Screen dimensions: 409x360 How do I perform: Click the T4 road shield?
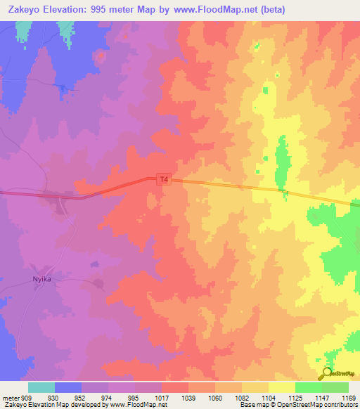pyautogui.click(x=164, y=180)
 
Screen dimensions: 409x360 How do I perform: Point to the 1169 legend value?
pyautogui.click(x=349, y=397)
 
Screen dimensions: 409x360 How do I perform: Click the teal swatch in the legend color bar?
pyautogui.click(x=41, y=387)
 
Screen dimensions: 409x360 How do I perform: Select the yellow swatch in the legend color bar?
pyautogui.click(x=281, y=387)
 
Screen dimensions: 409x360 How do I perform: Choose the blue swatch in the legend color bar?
pyautogui.click(x=68, y=387)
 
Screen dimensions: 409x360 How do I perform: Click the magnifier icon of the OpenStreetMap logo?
pyautogui.click(x=326, y=373)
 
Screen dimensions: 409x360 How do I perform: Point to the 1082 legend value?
pyautogui.click(x=241, y=397)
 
